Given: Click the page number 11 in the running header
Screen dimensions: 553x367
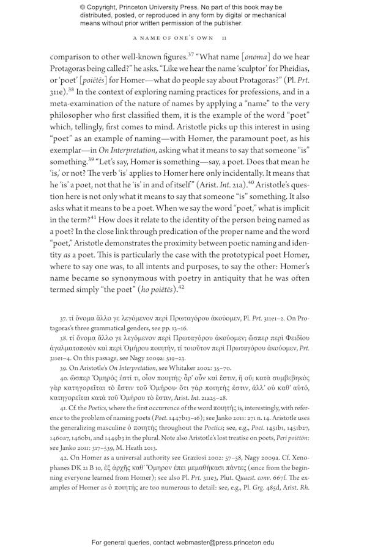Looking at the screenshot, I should click(225, 38).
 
